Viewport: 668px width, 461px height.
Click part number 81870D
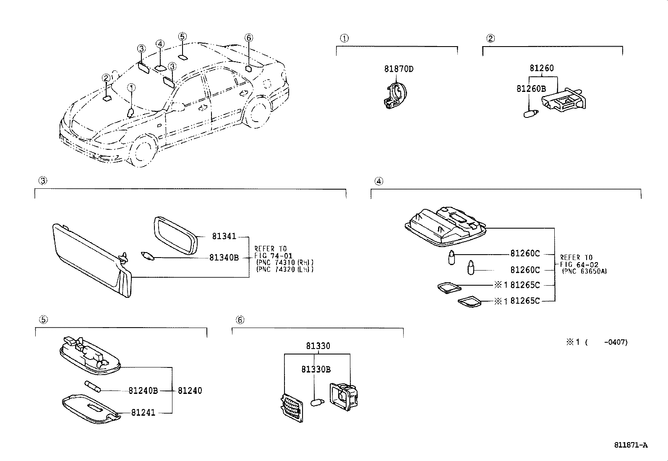coord(399,69)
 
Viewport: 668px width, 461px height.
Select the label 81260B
coord(531,89)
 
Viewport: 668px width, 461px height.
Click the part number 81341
coord(224,237)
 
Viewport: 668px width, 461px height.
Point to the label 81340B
coord(224,258)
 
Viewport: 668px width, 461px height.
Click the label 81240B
coord(143,391)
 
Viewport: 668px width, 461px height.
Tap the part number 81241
coord(143,413)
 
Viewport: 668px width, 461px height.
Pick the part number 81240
coord(190,391)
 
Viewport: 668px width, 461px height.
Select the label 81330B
coord(316,369)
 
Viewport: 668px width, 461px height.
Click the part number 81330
coord(318,346)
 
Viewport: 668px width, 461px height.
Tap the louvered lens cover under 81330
coord(291,409)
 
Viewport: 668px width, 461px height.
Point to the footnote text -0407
coord(615,342)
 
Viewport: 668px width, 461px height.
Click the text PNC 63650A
coord(584,271)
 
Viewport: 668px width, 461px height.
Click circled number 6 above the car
coord(248,38)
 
